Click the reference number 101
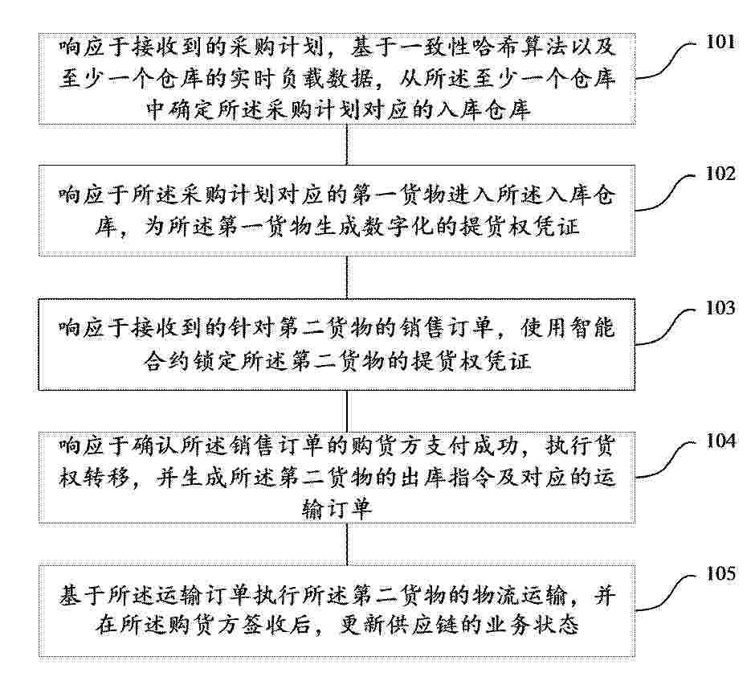[x=720, y=42]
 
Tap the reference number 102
[x=720, y=174]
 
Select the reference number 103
[x=720, y=308]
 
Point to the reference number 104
[x=720, y=441]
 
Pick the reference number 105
[x=720, y=573]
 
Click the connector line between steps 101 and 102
[x=347, y=145]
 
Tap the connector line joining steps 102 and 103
[x=347, y=277]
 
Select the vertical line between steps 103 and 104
[x=347, y=411]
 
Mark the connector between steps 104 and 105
[x=347, y=544]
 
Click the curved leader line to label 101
[x=666, y=61]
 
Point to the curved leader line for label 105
[x=666, y=592]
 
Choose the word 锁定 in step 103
[x=214, y=360]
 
